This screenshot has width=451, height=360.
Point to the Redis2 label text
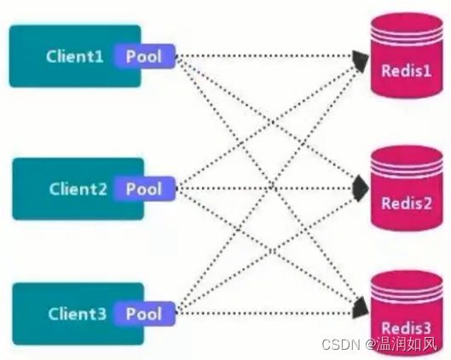click(407, 205)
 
